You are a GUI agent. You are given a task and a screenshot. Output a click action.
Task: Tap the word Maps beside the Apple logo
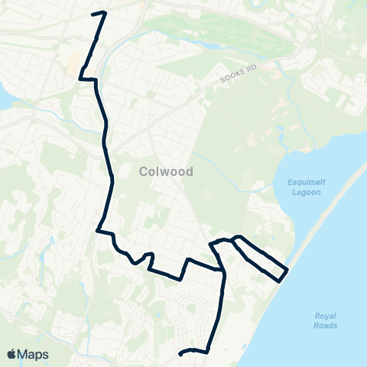(33, 354)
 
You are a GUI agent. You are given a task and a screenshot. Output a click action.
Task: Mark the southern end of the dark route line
(180, 354)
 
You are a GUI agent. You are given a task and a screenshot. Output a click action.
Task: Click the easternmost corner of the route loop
(287, 270)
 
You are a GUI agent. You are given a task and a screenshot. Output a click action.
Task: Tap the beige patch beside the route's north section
(74, 60)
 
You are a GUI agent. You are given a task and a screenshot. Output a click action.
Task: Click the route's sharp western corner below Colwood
(97, 229)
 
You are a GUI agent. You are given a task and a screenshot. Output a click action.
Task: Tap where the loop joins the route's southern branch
(222, 270)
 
